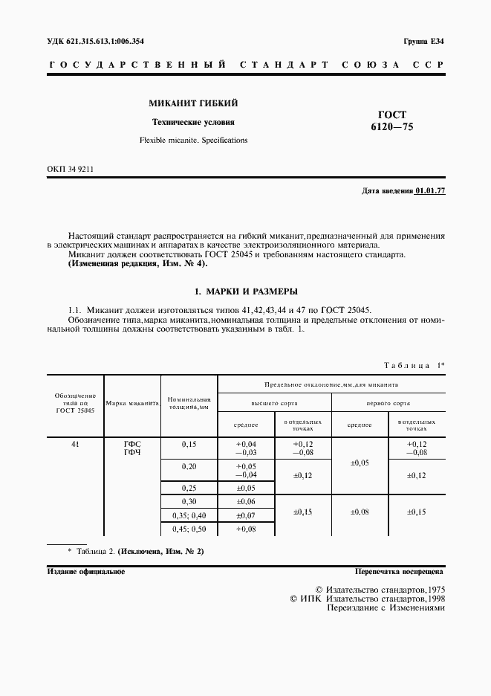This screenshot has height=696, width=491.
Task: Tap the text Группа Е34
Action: click(424, 41)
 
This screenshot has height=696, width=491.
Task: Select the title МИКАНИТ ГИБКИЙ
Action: click(193, 103)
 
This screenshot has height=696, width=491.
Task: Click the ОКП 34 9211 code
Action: click(70, 169)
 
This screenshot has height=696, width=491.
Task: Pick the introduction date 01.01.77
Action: click(430, 191)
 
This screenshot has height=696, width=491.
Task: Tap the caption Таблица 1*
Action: click(413, 364)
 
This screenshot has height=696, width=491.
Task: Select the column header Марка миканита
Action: click(133, 404)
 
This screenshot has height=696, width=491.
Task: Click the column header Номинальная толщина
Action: click(190, 404)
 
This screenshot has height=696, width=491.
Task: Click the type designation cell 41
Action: click(75, 444)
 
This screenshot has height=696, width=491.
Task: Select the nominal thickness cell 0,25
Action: click(189, 488)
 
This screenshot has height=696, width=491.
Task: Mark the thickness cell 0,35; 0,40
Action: click(189, 515)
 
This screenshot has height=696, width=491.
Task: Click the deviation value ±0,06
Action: click(246, 502)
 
